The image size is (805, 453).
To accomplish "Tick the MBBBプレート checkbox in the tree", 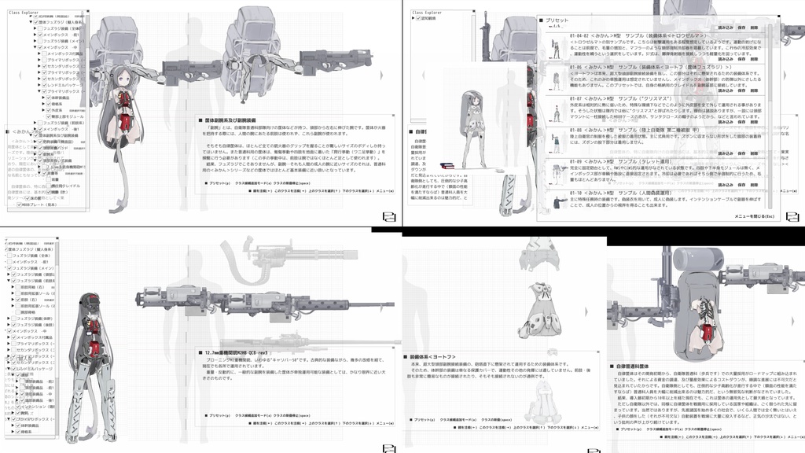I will click(20, 205).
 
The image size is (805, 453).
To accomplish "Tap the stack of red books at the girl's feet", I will click(447, 165).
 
